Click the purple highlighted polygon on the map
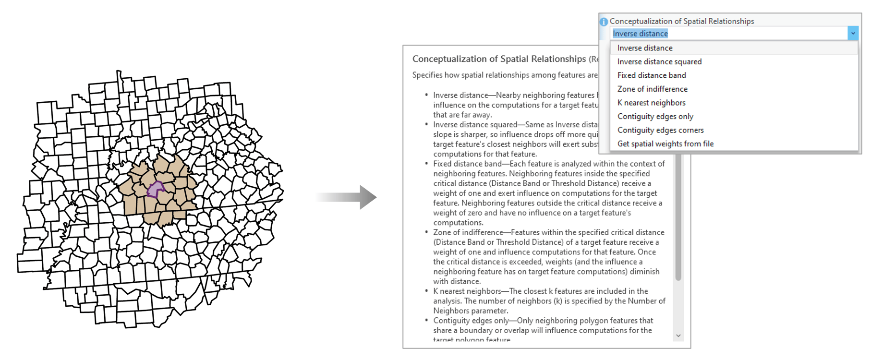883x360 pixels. [155, 190]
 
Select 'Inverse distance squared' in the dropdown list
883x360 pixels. [659, 61]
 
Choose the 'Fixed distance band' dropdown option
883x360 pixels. [652, 75]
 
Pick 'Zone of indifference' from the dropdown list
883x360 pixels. [652, 89]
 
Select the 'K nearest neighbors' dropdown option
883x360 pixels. [651, 103]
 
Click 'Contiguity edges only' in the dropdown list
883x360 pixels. [655, 116]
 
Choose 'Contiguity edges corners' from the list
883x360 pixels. [660, 130]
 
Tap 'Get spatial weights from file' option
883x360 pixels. [665, 144]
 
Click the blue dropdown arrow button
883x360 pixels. [853, 33]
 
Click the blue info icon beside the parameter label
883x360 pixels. [604, 22]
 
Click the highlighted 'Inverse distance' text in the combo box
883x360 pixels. [640, 34]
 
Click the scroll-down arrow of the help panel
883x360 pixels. [678, 336]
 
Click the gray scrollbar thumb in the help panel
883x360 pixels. [678, 216]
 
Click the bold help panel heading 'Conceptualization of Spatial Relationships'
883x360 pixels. [499, 59]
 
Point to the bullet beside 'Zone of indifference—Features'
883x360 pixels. [426, 232]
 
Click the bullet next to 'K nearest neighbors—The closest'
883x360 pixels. [426, 291]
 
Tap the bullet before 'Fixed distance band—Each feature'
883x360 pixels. [426, 164]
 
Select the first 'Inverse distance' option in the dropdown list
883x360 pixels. [644, 48]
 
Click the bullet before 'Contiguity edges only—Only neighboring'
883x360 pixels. [426, 320]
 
